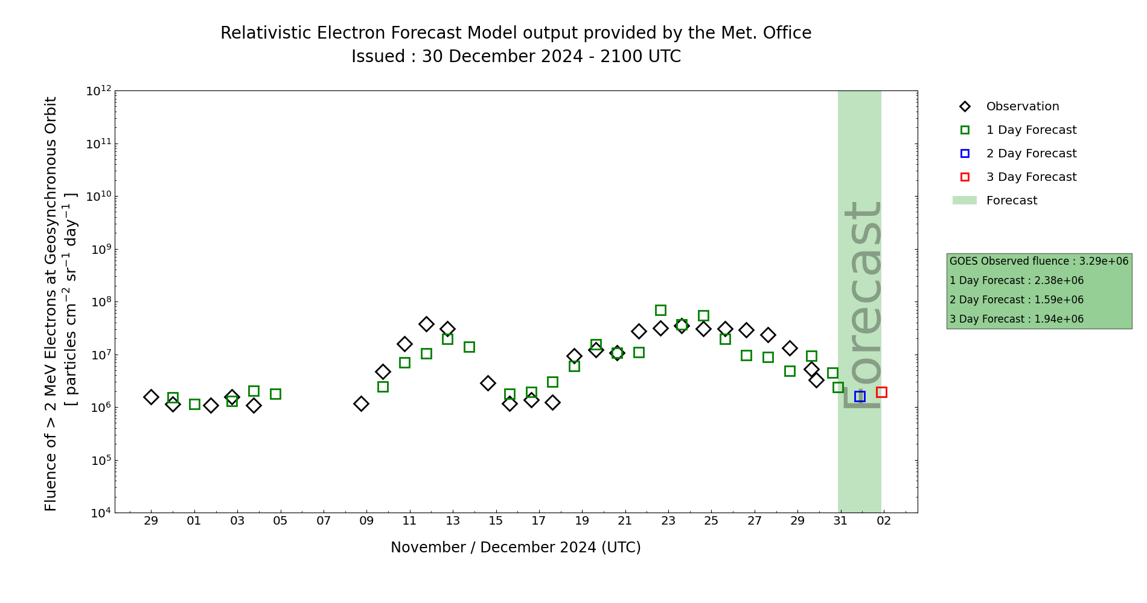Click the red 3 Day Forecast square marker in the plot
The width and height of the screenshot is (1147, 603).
(881, 392)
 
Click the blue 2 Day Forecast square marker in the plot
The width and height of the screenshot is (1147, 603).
(860, 396)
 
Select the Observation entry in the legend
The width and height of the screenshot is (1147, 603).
(1022, 107)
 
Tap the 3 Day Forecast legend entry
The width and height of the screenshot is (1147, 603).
(1031, 177)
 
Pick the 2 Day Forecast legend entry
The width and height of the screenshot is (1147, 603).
(1031, 154)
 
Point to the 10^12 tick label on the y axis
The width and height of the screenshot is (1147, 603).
(98, 91)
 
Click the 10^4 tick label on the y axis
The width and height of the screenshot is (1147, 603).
(98, 513)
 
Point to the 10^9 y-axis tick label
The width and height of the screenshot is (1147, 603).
(98, 249)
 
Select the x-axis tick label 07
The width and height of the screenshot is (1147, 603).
(324, 521)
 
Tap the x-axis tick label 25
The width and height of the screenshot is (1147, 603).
(711, 521)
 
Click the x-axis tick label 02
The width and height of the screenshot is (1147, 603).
(884, 521)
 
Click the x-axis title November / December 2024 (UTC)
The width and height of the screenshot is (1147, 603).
(516, 548)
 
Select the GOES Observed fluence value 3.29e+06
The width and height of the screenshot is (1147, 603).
(1104, 262)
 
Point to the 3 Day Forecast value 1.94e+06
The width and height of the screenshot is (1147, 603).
(1059, 320)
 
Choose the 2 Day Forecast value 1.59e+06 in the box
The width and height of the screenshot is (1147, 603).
(1059, 300)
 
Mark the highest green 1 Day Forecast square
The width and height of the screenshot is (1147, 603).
(660, 310)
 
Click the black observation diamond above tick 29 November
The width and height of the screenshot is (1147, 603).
(151, 397)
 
